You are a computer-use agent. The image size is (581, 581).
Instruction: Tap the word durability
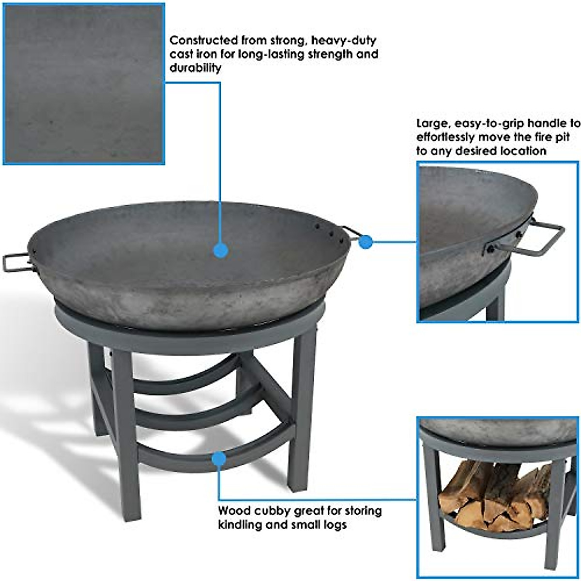coord(195,68)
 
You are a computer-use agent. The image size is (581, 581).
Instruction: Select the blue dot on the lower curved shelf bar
coord(219,458)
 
